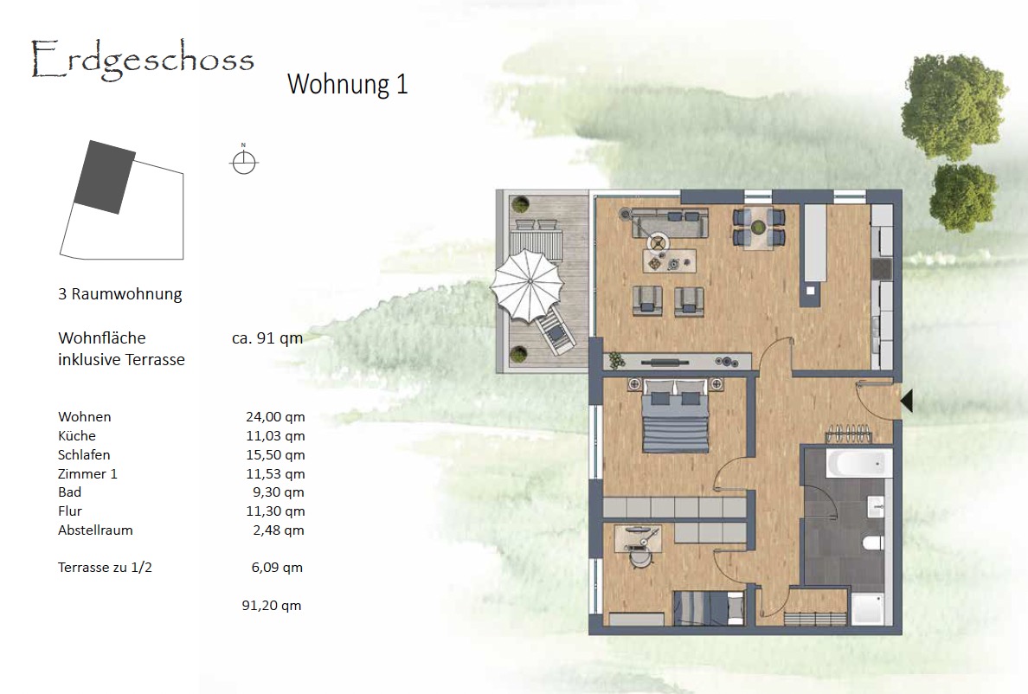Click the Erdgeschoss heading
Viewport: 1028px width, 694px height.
tap(142, 61)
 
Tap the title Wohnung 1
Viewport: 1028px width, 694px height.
tap(348, 84)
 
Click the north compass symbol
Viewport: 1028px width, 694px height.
tap(244, 160)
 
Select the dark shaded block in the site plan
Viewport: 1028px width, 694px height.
tap(105, 177)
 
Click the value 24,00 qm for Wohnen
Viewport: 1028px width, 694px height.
tap(275, 417)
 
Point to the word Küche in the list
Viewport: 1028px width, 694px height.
tap(77, 436)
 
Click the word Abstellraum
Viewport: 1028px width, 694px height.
tap(95, 530)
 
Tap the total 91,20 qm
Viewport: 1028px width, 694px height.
tap(272, 606)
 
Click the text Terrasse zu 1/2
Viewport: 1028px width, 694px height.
tap(105, 568)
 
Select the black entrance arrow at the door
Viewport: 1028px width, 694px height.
tap(907, 401)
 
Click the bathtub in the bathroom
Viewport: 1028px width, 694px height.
tap(859, 465)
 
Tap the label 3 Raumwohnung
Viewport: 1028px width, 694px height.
tap(120, 294)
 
